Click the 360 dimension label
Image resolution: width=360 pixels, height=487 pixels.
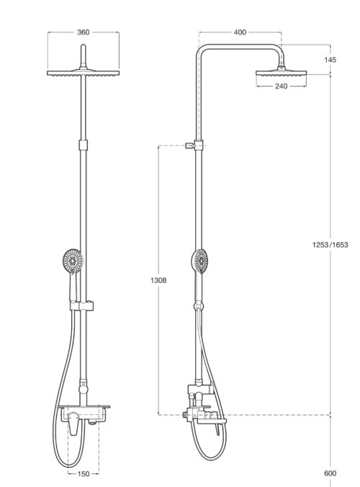(84, 32)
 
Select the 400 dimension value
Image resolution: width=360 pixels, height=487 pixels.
(240, 32)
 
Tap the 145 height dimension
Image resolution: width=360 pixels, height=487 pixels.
(330, 60)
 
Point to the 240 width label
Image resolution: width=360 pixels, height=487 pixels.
(282, 86)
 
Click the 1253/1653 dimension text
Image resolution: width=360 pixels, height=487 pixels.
(330, 245)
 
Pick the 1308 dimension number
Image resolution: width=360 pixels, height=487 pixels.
(158, 280)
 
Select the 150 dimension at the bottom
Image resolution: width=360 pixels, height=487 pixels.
(84, 474)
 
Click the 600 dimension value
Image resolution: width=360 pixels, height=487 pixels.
(330, 473)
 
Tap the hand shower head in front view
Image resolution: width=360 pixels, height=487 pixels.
(73, 261)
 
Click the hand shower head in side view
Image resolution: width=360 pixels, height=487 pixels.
(200, 262)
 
